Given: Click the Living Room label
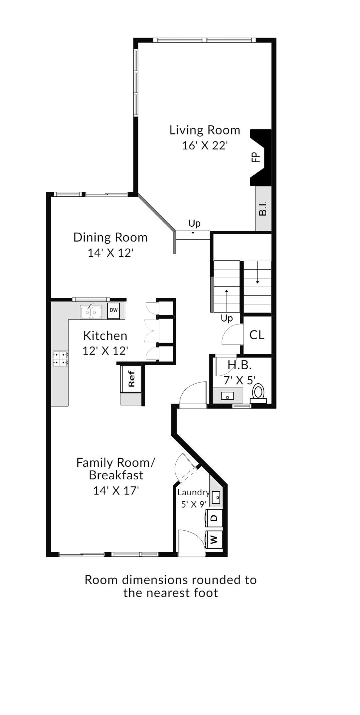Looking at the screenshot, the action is click(205, 130).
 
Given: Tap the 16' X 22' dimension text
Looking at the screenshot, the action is click(205, 145).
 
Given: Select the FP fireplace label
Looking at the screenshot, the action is click(255, 157).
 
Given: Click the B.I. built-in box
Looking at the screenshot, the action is click(264, 208).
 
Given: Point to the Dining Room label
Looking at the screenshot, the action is click(110, 237).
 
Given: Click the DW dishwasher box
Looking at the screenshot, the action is click(113, 311).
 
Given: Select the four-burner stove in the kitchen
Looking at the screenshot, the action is click(60, 358).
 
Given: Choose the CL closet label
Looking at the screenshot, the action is click(257, 335).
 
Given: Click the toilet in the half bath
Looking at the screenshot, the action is click(259, 393).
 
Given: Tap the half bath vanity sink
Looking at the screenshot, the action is click(228, 396).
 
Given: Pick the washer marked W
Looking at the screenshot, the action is click(214, 539).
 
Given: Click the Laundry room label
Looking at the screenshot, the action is click(193, 493).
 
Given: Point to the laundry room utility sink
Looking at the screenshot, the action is click(216, 497).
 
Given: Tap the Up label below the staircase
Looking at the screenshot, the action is click(227, 319).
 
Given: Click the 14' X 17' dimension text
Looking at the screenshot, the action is click(116, 491).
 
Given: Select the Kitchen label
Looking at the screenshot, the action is click(105, 336).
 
